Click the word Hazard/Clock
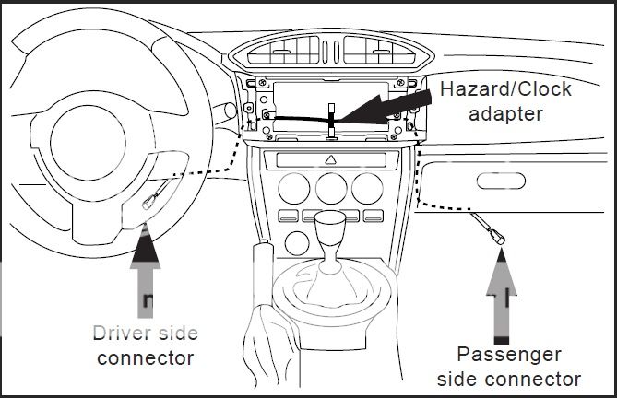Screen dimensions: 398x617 505,90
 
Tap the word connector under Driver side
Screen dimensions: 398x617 146,357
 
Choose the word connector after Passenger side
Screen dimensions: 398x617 536,378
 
